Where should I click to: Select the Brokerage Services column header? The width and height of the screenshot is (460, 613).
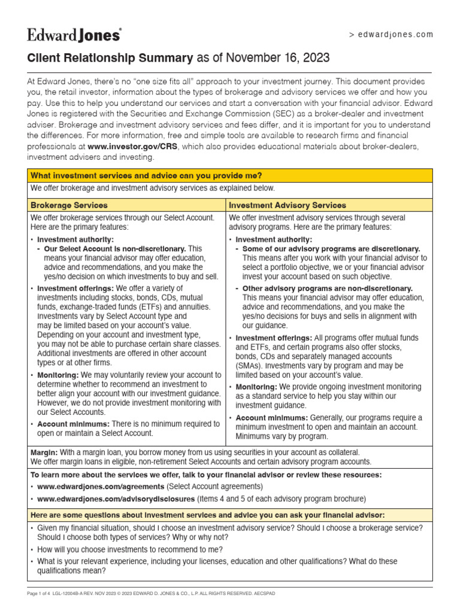click(x=69, y=205)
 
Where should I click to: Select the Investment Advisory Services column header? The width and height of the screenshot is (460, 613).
click(x=287, y=205)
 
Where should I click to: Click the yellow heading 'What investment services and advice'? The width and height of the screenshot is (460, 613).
click(x=146, y=175)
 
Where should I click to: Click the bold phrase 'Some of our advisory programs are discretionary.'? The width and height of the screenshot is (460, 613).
click(x=331, y=248)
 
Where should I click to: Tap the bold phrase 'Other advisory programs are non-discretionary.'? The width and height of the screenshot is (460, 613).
click(x=328, y=288)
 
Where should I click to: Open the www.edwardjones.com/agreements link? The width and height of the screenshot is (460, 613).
click(x=101, y=487)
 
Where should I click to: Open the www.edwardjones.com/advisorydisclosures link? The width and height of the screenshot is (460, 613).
click(x=116, y=499)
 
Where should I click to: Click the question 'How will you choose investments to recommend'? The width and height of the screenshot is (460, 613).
click(x=130, y=550)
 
